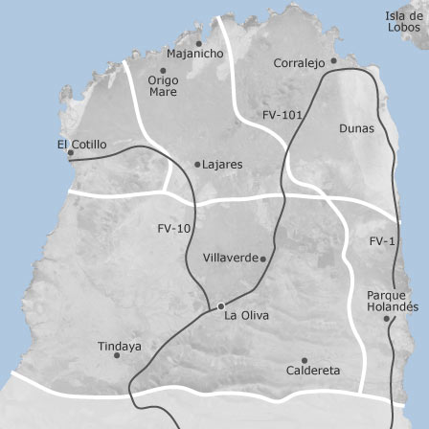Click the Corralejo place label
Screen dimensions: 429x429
299,63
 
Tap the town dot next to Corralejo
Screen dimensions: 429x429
333,60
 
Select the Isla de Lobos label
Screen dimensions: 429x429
405,21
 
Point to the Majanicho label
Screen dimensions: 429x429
194,55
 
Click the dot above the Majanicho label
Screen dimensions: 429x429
198,43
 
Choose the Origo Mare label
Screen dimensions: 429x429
163,86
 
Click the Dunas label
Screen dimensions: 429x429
356,127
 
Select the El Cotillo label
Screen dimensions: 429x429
82,145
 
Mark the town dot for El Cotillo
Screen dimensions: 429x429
70,151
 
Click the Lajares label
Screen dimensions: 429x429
222,165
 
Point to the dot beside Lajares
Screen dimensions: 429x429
197,165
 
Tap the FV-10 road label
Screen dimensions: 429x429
174,229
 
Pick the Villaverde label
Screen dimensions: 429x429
231,258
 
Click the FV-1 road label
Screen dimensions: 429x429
382,241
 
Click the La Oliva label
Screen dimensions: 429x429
246,315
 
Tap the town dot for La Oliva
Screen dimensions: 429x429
221,306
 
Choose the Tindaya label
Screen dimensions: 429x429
119,346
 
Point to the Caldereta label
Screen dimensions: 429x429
312,370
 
